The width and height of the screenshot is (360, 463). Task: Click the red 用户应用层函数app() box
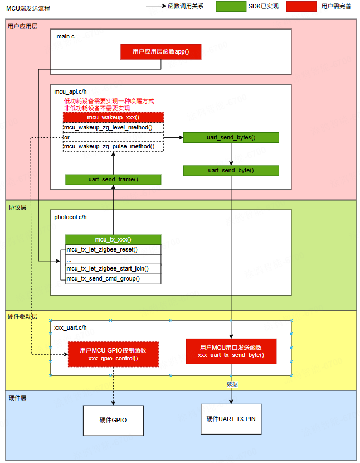click(x=161, y=52)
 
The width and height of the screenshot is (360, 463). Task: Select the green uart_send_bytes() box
click(x=231, y=138)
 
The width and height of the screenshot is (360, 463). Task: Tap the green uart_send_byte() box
click(x=231, y=170)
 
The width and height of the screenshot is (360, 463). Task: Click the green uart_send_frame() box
click(x=113, y=180)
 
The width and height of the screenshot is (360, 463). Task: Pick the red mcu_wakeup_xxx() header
click(x=113, y=118)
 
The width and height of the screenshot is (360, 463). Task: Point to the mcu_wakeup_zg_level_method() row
click(x=113, y=128)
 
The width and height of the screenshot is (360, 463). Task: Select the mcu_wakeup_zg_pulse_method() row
click(x=113, y=146)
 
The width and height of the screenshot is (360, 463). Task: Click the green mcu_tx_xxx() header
click(x=113, y=239)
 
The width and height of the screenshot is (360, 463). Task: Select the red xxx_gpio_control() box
click(x=113, y=354)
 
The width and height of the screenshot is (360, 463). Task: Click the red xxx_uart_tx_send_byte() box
click(x=231, y=351)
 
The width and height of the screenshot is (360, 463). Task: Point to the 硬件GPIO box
click(x=113, y=420)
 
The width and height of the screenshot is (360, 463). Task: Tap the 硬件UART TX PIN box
click(x=231, y=419)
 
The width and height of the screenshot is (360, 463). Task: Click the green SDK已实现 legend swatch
click(x=231, y=7)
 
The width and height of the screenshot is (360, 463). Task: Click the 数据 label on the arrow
click(x=232, y=384)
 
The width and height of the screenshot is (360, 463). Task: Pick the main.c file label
click(x=66, y=36)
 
